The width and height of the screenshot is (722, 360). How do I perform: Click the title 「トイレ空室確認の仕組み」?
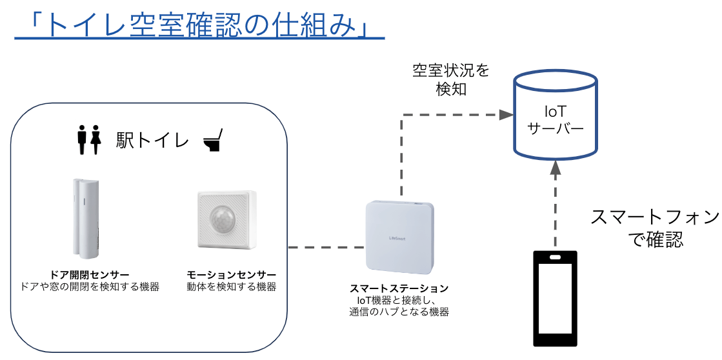pos(199,25)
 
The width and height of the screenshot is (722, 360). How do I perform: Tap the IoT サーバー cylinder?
pos(556,119)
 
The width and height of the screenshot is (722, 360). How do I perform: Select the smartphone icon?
pos(556,299)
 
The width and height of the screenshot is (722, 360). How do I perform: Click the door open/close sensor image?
pos(85,216)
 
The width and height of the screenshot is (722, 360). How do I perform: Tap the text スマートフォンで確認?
pos(655,228)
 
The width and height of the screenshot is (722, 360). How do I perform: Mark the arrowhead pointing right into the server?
pos(505,115)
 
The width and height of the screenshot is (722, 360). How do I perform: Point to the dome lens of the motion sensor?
pos(221,219)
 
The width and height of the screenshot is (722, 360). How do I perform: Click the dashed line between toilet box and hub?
pos(326,247)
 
